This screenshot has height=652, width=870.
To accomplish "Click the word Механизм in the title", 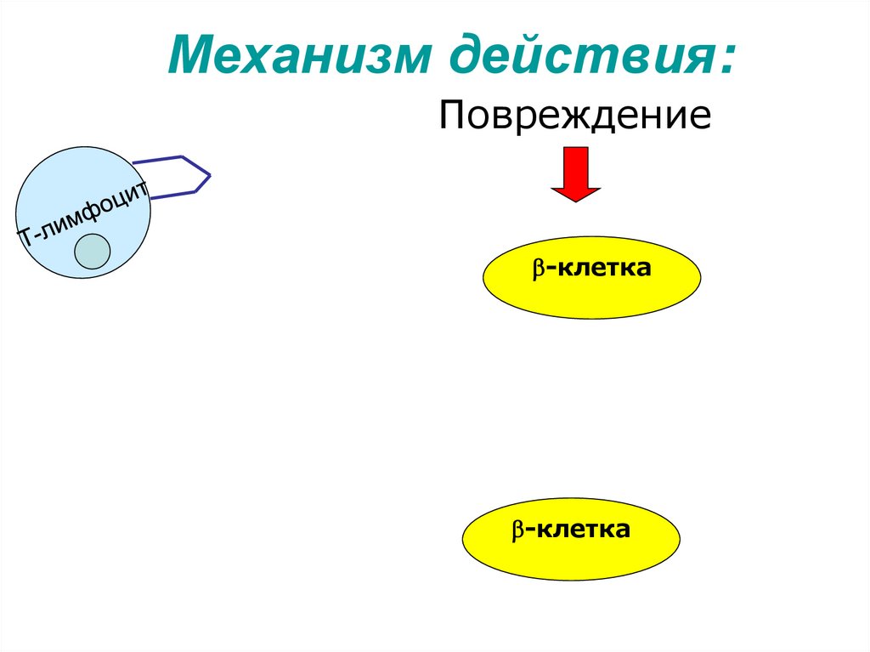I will coord(298,56).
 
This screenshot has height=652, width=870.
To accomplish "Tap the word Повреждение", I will coord(574,116).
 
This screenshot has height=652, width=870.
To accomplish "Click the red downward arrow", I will coord(576,171).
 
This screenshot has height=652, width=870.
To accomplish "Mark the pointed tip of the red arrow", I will coord(576,201).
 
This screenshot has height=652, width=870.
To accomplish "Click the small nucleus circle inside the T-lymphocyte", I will coord(91,252).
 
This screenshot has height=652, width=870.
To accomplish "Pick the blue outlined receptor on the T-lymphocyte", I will coord(178,176).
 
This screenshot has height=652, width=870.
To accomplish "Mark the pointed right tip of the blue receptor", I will coord(210,176).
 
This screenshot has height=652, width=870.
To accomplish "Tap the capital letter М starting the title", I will coord(190,56).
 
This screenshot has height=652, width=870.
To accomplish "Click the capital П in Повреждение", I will coord(451,116).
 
